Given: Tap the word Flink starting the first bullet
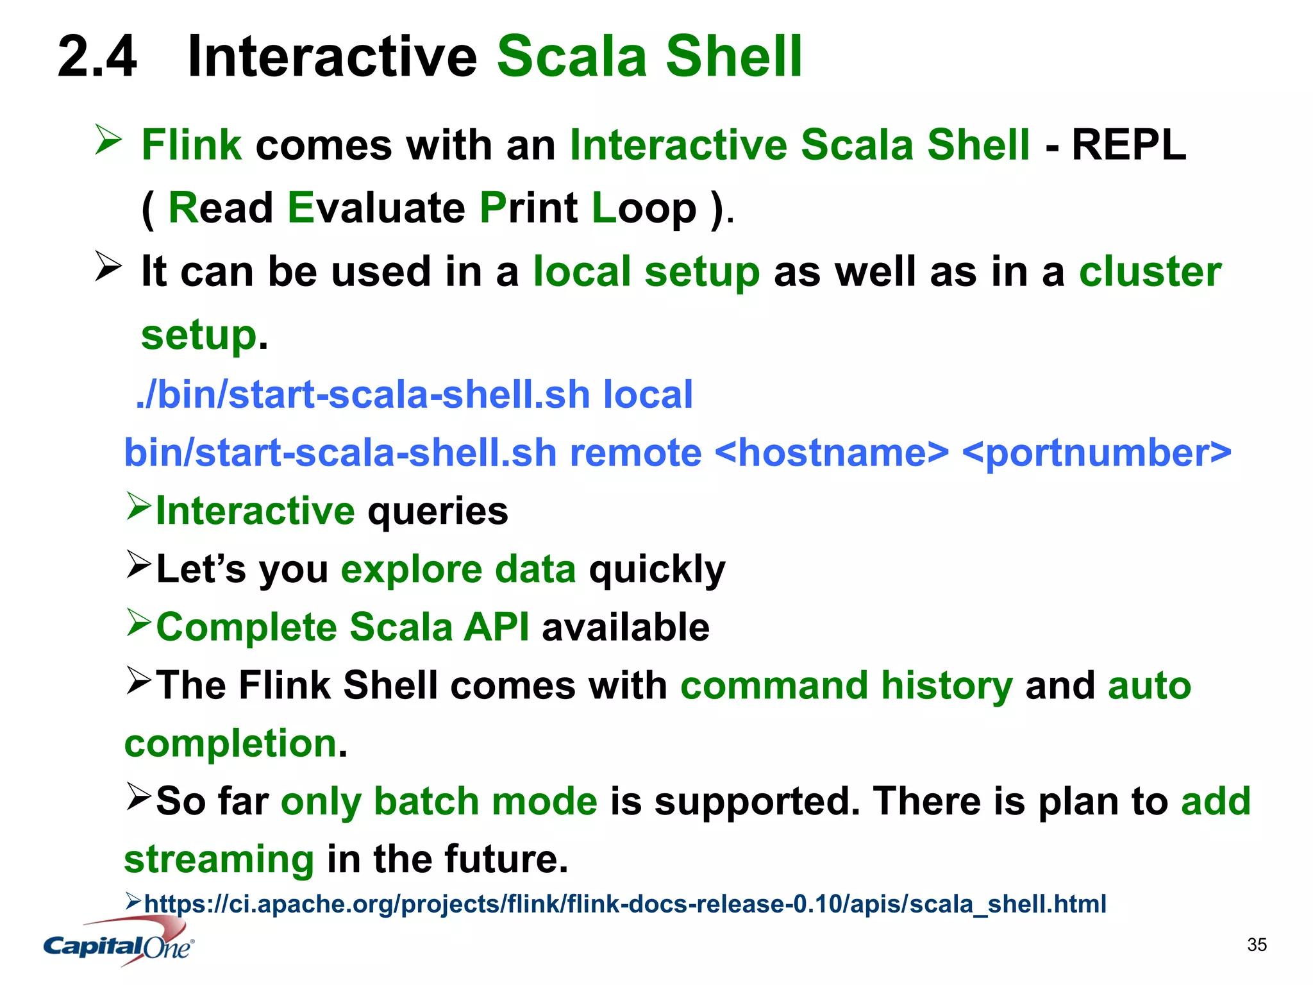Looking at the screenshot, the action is [x=191, y=145].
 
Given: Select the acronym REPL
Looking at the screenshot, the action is [x=1128, y=145].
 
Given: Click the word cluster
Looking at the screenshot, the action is [x=1150, y=272].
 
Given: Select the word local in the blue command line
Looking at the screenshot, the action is [x=648, y=394].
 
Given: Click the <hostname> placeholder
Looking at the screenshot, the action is [x=832, y=453].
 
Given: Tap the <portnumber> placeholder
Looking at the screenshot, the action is [x=1096, y=453].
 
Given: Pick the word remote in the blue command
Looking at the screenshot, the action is [x=635, y=453].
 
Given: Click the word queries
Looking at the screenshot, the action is [x=438, y=511].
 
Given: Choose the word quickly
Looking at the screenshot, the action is [x=657, y=569].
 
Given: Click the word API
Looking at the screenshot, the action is [x=497, y=627].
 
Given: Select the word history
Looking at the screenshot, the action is [x=947, y=686].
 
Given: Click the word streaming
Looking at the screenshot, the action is [x=219, y=860].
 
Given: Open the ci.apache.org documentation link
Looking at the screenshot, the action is [x=625, y=904].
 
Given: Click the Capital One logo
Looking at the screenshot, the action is [x=119, y=943].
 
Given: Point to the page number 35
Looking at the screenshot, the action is [x=1257, y=945].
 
